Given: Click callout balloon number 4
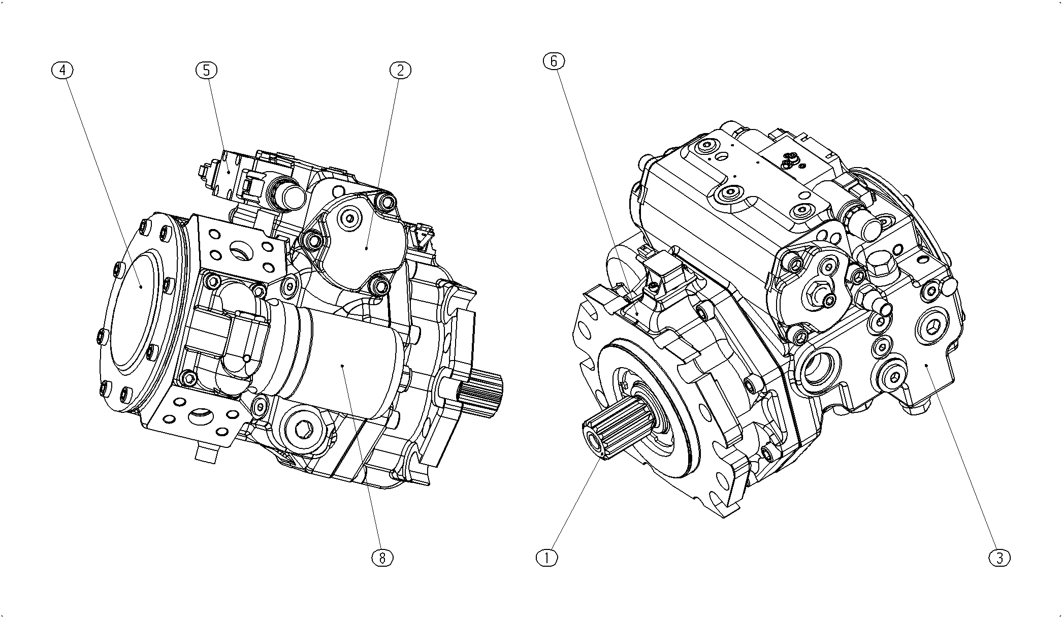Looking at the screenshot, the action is pyautogui.click(x=62, y=71).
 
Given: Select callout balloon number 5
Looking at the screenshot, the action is pyautogui.click(x=206, y=71).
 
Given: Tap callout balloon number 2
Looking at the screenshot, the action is pyautogui.click(x=400, y=71).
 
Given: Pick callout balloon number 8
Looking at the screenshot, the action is pyautogui.click(x=382, y=558).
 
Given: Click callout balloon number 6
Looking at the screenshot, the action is pyautogui.click(x=554, y=61).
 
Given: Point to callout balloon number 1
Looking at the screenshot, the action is pyautogui.click(x=547, y=558).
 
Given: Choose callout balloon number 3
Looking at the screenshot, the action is pyautogui.click(x=1000, y=558).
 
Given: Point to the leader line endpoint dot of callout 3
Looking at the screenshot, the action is pyautogui.click(x=926, y=365).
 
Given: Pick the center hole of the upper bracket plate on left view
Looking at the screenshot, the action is pyautogui.click(x=239, y=249).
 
